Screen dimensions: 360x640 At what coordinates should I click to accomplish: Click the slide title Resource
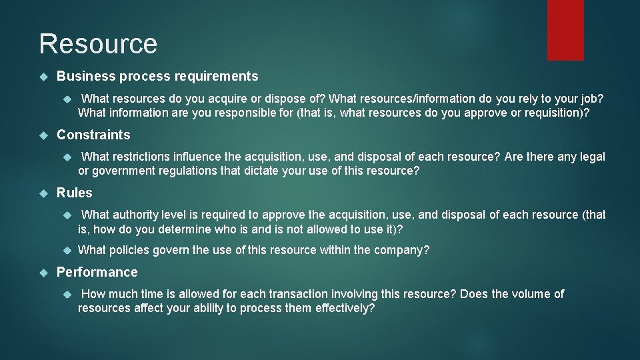point(98,44)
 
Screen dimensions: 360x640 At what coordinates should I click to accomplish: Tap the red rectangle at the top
point(565,30)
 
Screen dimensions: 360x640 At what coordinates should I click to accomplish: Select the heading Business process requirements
point(157,77)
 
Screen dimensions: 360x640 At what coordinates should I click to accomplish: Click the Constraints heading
point(93,135)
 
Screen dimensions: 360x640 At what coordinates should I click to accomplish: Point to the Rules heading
point(75,193)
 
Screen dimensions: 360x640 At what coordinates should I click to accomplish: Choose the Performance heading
point(97,272)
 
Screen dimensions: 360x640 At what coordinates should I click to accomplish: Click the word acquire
point(211,99)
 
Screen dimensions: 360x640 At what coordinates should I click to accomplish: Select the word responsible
point(229,113)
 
